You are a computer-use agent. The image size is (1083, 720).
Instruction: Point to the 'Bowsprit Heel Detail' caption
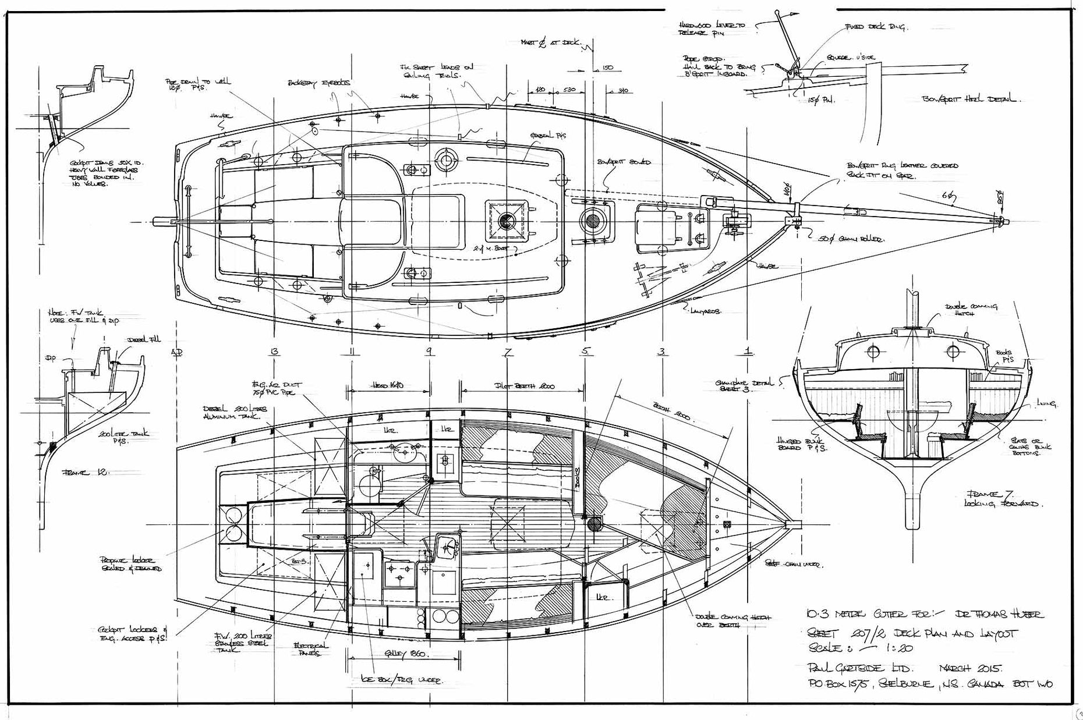pyautogui.click(x=969, y=99)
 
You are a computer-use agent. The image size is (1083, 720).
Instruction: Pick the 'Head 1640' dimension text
pyautogui.click(x=388, y=385)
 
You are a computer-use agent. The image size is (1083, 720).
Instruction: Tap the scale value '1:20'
pyautogui.click(x=896, y=648)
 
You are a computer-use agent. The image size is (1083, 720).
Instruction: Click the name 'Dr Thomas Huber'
pyautogui.click(x=999, y=614)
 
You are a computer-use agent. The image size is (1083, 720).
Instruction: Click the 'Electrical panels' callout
pyautogui.click(x=311, y=649)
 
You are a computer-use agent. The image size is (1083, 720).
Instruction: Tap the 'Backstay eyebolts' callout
pyautogui.click(x=319, y=83)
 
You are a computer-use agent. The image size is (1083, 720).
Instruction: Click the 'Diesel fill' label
pyautogui.click(x=143, y=339)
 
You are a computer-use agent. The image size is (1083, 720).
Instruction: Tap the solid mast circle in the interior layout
pyautogui.click(x=594, y=523)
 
